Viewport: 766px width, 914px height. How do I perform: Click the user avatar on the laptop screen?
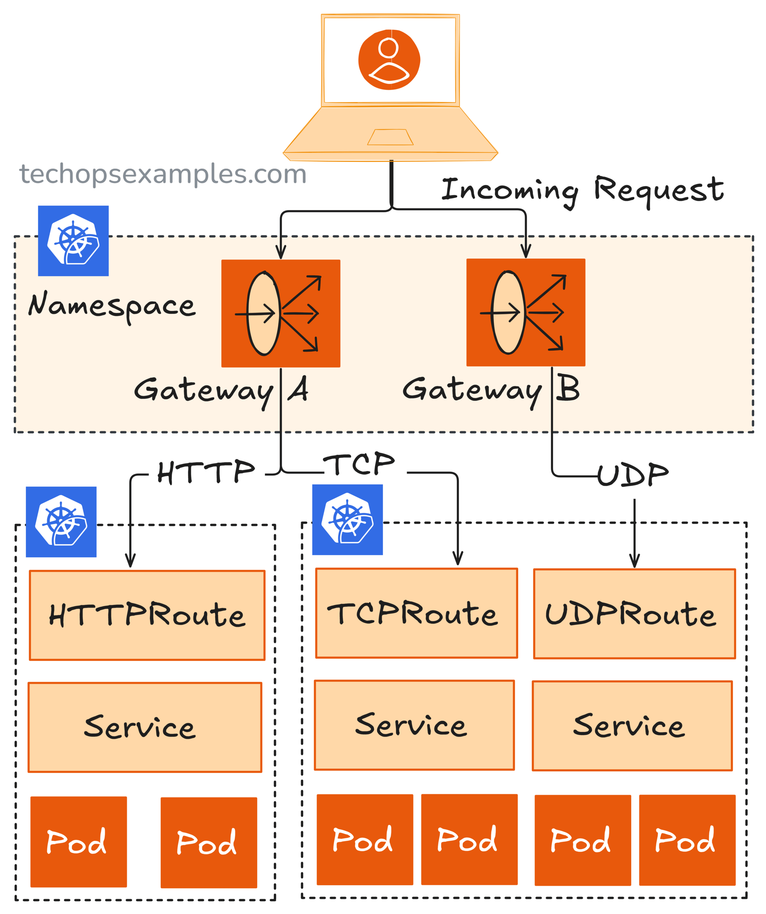point(389,60)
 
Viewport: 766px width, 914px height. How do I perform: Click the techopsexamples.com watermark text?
point(163,174)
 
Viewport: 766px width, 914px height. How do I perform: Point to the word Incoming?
point(510,190)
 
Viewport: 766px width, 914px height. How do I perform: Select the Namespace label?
point(112,306)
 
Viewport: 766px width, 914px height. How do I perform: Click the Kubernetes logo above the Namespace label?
point(73,241)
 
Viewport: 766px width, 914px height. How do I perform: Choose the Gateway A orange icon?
point(280,314)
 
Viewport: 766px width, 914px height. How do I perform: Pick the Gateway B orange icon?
point(525,312)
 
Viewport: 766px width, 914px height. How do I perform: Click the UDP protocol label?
point(632,475)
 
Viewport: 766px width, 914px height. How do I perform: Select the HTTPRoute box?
point(147,616)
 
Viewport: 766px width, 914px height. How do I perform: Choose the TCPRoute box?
point(417,613)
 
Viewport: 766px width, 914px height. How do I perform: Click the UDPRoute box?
point(634,614)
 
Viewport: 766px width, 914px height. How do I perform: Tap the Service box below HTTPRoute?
point(145,728)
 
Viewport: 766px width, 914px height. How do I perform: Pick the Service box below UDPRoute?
point(632,726)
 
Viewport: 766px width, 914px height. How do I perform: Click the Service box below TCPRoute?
point(415,726)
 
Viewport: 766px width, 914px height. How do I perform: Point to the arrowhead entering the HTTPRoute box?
point(130,561)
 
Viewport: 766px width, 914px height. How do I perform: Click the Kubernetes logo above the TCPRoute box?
point(347,520)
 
